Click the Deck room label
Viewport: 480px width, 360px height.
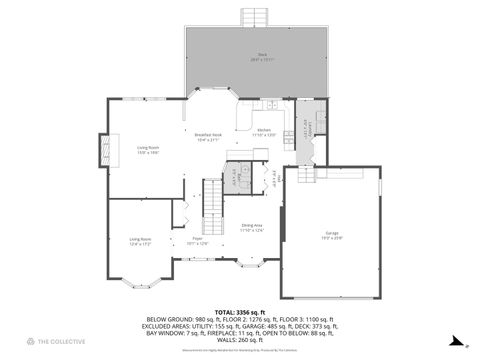point(261,56)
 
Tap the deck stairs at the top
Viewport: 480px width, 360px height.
point(256,17)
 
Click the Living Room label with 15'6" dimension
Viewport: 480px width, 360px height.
point(148,149)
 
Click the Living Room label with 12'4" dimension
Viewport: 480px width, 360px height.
point(139,241)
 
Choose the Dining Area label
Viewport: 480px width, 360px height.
point(251,228)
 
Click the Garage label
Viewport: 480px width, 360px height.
point(333,234)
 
